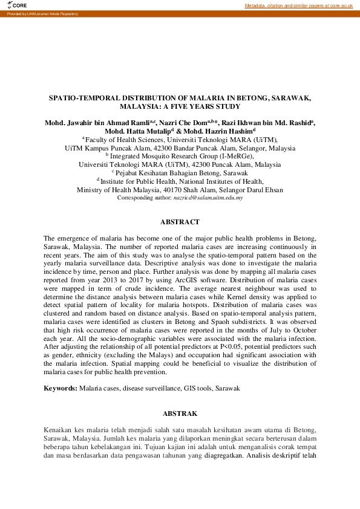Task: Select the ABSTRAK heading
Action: click(x=180, y=413)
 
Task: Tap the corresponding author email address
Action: click(x=208, y=198)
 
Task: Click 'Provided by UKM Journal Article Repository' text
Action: click(x=39, y=13)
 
